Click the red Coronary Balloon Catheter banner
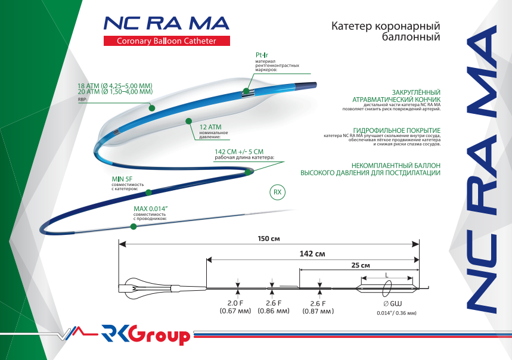coord(166,41)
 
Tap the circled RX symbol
coord(277,193)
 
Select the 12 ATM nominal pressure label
coord(211,127)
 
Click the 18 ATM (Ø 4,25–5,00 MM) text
coord(115,86)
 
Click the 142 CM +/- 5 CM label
coord(238,152)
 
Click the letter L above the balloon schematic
coord(388,274)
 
